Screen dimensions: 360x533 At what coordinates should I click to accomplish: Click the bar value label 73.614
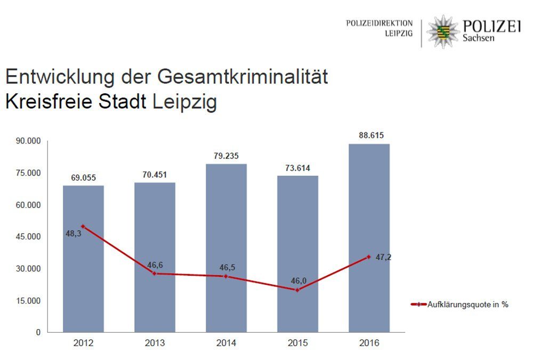(297, 167)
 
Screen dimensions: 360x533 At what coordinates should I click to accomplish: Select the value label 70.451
(155, 174)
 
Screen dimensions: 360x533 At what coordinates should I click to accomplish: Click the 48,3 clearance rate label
(73, 233)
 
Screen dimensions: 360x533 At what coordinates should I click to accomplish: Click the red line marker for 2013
(155, 273)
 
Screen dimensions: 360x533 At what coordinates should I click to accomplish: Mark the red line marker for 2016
(368, 257)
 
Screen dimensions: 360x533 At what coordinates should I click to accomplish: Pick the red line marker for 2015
(297, 290)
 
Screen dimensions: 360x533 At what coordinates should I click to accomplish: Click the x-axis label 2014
(226, 343)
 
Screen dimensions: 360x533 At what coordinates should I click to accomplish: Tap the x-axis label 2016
(369, 343)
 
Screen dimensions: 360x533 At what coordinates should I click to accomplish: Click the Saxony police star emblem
(442, 31)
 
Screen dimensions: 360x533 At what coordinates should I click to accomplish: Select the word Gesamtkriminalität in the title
(243, 77)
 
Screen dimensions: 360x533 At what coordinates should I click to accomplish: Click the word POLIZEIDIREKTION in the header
(379, 23)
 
